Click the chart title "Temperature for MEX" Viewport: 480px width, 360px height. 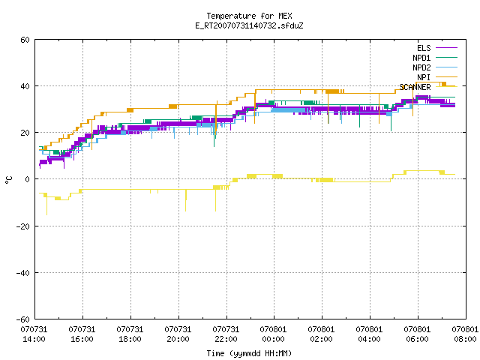point(249,16)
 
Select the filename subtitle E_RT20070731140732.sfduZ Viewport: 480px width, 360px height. point(249,25)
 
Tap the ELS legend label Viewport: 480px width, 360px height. point(424,48)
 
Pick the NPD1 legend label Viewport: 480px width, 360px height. point(421,58)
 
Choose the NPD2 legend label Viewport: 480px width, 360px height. point(421,67)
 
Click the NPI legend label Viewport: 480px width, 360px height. point(424,77)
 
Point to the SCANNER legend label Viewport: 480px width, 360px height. point(415,87)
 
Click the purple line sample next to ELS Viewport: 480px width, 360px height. point(446,48)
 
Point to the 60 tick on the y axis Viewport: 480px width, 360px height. point(25,40)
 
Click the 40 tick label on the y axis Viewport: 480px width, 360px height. point(25,86)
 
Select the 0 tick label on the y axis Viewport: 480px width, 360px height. point(28,179)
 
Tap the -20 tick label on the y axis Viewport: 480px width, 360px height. point(23,226)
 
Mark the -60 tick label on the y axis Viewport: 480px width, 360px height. point(23,319)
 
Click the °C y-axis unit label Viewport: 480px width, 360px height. point(9,180)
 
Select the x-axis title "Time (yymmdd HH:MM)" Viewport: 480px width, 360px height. point(249,353)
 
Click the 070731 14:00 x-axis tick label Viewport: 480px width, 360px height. point(34,334)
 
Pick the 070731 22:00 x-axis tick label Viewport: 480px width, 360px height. point(226,334)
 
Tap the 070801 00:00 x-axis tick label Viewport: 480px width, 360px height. point(273,334)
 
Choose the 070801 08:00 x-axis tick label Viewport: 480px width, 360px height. point(465,334)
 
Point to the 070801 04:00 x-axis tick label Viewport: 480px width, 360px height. point(369,334)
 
